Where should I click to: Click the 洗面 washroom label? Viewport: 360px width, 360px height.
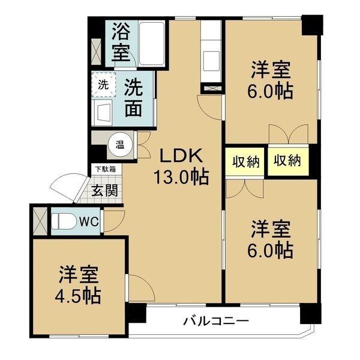[x=133, y=98]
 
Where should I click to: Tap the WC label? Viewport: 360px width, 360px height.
[x=89, y=220]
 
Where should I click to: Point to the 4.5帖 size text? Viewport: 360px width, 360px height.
[x=79, y=295]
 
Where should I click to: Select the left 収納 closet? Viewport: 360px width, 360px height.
[x=246, y=161]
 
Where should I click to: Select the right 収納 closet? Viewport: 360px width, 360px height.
[x=286, y=160]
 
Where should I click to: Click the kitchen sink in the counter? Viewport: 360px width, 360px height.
[x=211, y=60]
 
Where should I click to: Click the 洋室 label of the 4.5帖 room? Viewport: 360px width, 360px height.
[x=79, y=275]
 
